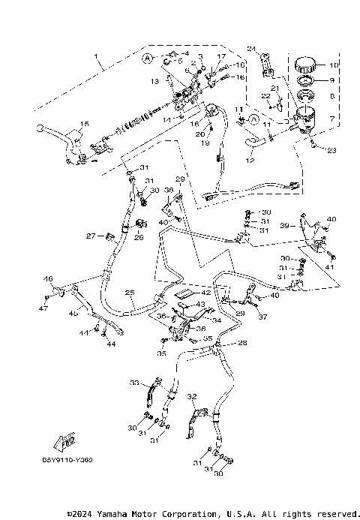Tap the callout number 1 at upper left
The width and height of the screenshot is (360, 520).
pyautogui.click(x=96, y=57)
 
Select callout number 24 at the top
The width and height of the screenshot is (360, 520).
pyautogui.click(x=251, y=50)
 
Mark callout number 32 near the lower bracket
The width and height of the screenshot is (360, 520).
pyautogui.click(x=191, y=396)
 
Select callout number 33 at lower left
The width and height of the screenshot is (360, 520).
pyautogui.click(x=134, y=383)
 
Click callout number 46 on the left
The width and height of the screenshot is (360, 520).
pyautogui.click(x=49, y=279)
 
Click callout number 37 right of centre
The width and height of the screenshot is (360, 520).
pyautogui.click(x=262, y=317)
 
